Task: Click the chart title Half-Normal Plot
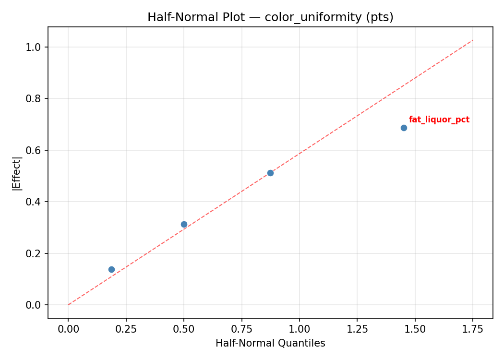click(270, 17)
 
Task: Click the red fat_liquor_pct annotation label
click(439, 120)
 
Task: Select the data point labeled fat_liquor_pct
click(404, 128)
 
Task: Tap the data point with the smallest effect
click(111, 269)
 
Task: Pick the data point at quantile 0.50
click(184, 224)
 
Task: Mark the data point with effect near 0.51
click(270, 173)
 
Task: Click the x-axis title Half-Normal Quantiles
click(270, 343)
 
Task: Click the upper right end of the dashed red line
click(473, 40)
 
